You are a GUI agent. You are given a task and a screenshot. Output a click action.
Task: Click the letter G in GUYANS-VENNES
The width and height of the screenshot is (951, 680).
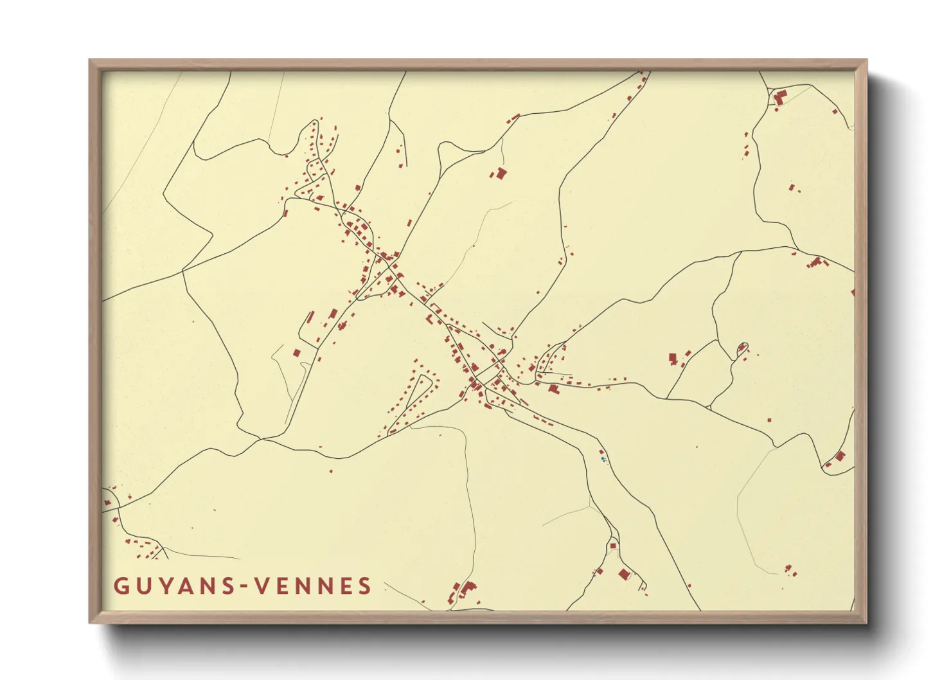coord(121,586)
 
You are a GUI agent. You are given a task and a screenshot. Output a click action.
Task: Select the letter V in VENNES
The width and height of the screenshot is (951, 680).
coord(262,586)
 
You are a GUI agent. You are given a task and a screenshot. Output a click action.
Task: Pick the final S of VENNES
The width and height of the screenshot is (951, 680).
coord(365,586)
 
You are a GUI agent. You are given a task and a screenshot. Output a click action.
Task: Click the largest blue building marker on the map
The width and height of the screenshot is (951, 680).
coord(603,459)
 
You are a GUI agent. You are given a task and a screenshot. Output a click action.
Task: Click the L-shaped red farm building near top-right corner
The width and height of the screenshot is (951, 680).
coord(781,98)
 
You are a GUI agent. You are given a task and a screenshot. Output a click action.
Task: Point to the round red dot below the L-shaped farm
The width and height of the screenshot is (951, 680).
coord(835,112)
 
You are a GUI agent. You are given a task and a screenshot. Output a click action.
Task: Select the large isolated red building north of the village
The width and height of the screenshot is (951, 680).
coord(500,172)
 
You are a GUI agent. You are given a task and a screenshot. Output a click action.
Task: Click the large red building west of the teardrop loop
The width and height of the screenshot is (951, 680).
coord(673,358)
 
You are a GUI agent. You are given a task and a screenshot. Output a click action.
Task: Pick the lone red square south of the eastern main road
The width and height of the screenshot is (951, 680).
coord(770,420)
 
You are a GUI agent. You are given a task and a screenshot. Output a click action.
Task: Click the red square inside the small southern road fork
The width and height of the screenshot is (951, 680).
coord(613,546)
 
